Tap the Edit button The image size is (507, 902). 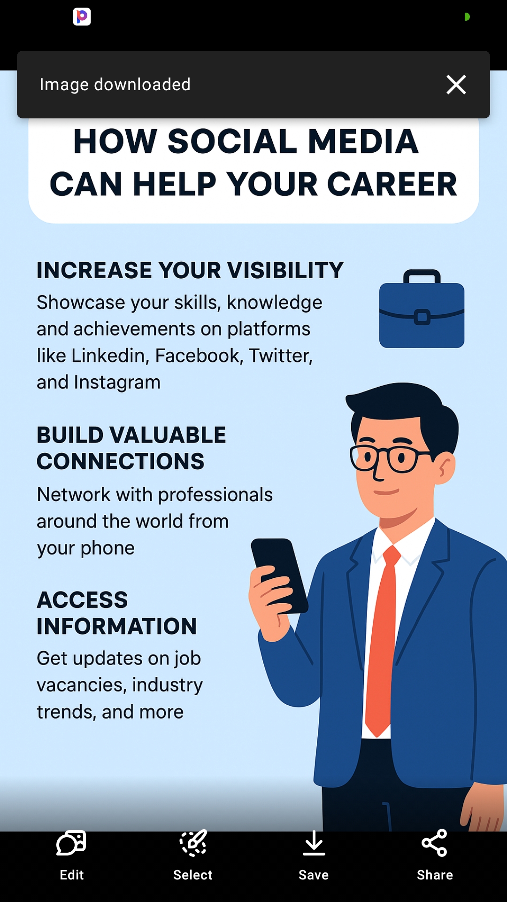tap(71, 855)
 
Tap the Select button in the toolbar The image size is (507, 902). tap(192, 855)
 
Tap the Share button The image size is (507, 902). tap(434, 855)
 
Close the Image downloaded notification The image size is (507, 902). tap(456, 85)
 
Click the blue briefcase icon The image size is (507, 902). tap(422, 310)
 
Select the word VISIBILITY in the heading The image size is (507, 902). tap(285, 271)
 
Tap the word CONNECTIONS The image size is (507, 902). tap(121, 462)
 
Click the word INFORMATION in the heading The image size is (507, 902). tap(117, 627)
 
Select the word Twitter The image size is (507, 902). tap(280, 356)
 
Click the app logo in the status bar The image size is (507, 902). tap(82, 16)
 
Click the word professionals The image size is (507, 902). tap(215, 495)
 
